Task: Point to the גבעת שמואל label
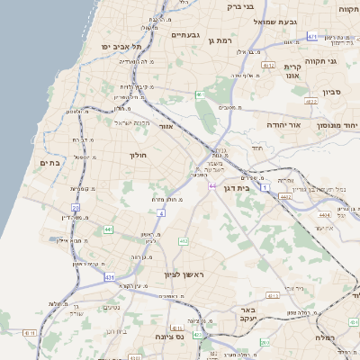pos(275,22)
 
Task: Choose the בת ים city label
pos(49,162)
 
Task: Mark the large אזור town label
pos(166,127)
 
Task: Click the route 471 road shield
pos(311,36)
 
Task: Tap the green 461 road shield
pos(199,94)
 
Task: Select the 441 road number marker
pos(108,229)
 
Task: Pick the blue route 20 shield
pos(76,207)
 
